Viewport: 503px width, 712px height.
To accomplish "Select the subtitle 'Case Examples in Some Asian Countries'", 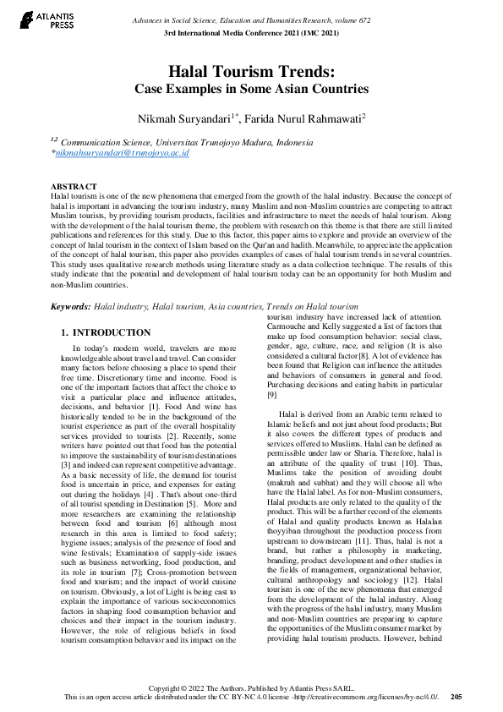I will click(251, 89).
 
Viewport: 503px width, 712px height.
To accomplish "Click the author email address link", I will click(122, 154).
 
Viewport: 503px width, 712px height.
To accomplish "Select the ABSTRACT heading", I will click(74, 186).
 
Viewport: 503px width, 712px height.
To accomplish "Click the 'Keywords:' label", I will click(70, 306).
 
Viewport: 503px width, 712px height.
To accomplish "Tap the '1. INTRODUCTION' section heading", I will click(107, 333).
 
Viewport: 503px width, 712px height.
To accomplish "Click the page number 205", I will click(456, 696).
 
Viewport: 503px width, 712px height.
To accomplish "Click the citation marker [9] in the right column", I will click(272, 395).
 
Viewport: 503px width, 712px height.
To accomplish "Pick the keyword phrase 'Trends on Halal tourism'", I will click(312, 306).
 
